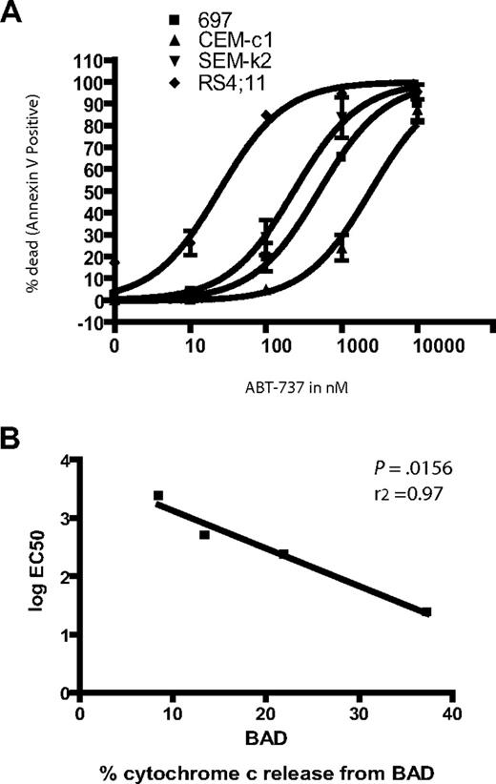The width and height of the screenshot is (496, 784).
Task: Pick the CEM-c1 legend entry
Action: pyautogui.click(x=235, y=35)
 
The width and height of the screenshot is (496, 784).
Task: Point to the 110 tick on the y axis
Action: pyautogui.click(x=89, y=60)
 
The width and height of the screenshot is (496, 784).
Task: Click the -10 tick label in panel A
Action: pyautogui.click(x=89, y=323)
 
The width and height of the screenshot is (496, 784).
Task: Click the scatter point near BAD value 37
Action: pyautogui.click(x=425, y=612)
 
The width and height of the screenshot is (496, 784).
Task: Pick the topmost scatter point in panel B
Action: pyautogui.click(x=158, y=495)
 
